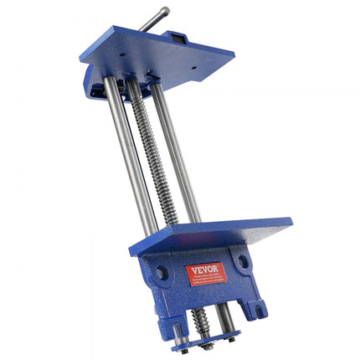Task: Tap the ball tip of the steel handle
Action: tap(165, 11)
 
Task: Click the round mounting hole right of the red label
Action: tap(244, 261)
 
